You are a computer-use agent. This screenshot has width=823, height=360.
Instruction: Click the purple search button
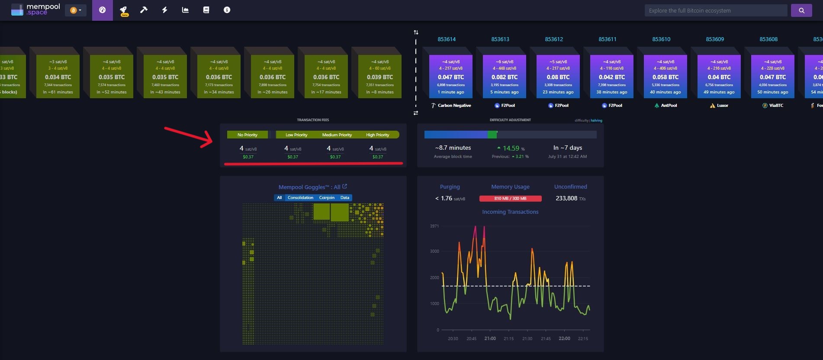click(801, 10)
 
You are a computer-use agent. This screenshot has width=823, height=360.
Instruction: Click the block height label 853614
click(447, 39)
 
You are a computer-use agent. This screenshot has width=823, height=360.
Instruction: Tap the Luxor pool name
click(722, 106)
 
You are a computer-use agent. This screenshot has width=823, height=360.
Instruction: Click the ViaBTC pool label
click(776, 106)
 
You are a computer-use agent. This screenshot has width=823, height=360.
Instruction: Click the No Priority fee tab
click(247, 135)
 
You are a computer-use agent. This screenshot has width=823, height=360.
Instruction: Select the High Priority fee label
click(377, 135)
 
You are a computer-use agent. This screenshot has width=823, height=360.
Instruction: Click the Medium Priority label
click(337, 135)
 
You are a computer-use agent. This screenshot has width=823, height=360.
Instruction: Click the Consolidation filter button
click(300, 198)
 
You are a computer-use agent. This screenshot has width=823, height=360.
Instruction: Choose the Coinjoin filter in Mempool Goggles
click(327, 198)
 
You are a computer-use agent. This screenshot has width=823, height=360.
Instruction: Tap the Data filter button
click(344, 198)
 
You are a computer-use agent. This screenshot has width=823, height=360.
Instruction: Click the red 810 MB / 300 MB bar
click(510, 199)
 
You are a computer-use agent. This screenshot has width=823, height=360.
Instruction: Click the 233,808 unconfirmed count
click(566, 198)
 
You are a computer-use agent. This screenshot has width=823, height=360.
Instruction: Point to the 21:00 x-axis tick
click(490, 338)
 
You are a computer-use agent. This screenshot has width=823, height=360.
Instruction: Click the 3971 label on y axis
click(434, 226)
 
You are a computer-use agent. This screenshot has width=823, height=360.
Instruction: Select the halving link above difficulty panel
click(596, 121)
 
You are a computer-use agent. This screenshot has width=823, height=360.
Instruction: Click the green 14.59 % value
click(511, 148)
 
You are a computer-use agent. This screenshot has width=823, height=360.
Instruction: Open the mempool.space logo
click(35, 10)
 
